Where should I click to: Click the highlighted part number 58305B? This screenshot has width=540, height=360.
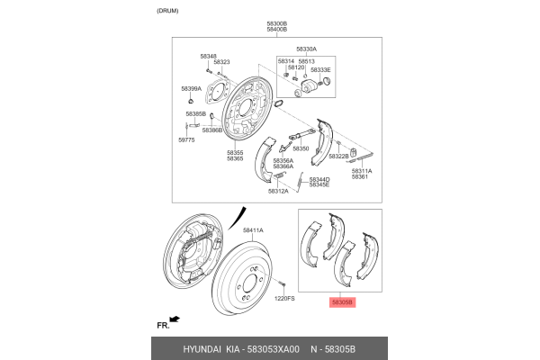343,303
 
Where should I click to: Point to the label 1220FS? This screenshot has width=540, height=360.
284,298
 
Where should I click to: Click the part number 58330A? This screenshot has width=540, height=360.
307,49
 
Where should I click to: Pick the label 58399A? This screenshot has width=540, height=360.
191,89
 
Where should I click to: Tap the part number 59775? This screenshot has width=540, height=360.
186,139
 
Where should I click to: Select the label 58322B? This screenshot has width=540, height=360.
338,156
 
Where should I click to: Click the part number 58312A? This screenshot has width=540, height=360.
278,191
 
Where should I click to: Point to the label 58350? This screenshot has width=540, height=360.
301,148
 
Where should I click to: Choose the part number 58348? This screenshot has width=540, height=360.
208,56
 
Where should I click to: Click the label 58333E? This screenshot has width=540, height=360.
321,69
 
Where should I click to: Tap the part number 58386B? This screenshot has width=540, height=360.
212,130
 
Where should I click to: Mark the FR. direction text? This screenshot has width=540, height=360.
163,323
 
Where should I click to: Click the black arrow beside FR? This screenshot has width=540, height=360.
175,319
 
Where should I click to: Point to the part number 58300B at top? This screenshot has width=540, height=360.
276,22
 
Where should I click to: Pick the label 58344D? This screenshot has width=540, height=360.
319,179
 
